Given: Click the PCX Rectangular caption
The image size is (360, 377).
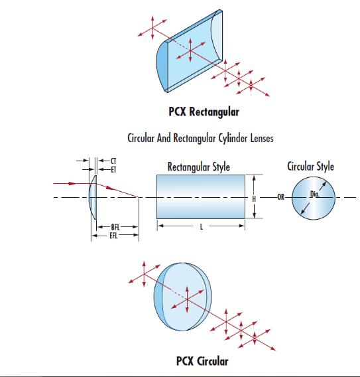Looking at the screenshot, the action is [204, 112].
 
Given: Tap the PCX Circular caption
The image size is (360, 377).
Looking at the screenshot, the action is [202, 361].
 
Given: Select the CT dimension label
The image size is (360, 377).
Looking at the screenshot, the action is [113, 161].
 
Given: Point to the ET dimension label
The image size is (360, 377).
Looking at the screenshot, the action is [113, 170].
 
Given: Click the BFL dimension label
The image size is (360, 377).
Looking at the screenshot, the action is [115, 227].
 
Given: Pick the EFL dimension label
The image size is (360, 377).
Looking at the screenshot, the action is [113, 236].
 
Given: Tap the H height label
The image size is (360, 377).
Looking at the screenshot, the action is [254, 199].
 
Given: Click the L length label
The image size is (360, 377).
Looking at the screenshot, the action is [202, 227].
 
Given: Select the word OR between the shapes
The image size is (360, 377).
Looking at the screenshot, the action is [280, 197].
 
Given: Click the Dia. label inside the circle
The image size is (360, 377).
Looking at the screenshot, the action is [315, 194].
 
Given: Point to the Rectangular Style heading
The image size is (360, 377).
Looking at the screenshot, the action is [199, 167].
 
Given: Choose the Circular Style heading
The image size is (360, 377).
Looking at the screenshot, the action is [310, 167].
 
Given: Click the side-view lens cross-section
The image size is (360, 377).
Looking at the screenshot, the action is [93, 197].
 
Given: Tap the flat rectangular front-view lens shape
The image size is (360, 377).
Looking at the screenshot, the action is [201, 196].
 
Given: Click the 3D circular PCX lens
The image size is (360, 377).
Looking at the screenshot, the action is [183, 297].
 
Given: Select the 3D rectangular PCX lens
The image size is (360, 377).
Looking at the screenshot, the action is [189, 51].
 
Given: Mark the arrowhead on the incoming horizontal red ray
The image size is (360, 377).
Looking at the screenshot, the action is [72, 183].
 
